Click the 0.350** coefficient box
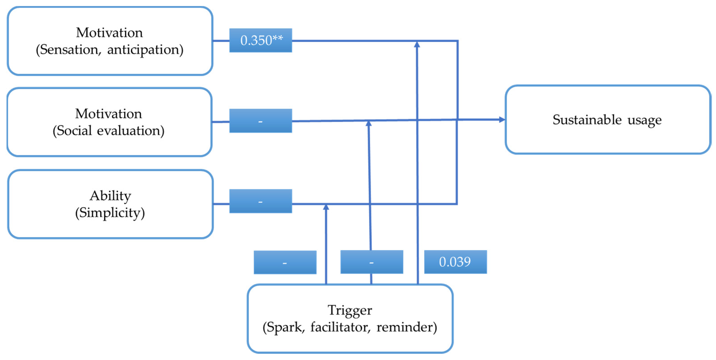(x=261, y=40)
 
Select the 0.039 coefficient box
(x=455, y=262)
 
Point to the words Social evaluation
(x=108, y=131)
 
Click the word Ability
(x=110, y=196)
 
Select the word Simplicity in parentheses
(x=110, y=213)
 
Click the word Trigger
(x=350, y=310)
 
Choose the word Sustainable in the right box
(x=587, y=120)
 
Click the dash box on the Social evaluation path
(x=261, y=121)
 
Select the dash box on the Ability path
(x=261, y=201)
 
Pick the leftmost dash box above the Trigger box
(x=285, y=262)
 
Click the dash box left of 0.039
(x=372, y=262)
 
